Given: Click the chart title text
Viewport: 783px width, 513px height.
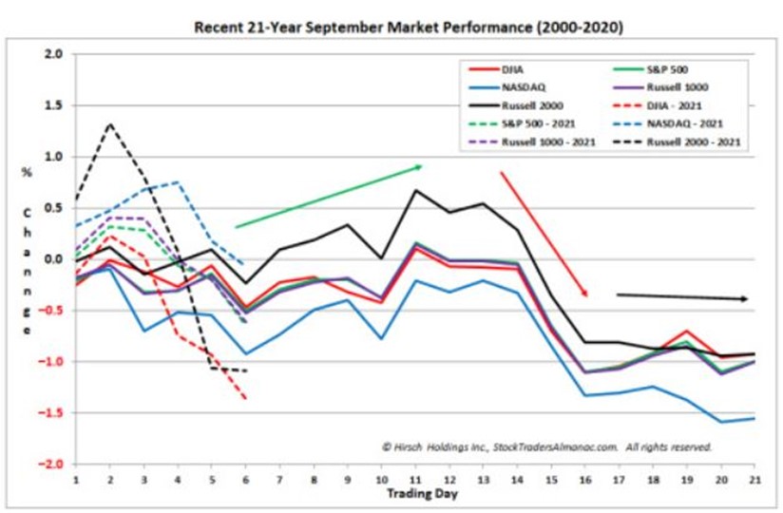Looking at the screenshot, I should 408,28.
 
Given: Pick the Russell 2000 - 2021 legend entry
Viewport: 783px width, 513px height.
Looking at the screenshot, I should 694,142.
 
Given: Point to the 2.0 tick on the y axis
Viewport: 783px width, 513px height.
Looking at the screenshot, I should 54,54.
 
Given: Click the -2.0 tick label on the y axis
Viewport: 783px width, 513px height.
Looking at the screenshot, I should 51,464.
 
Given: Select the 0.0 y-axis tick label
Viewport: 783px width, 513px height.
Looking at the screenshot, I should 54,259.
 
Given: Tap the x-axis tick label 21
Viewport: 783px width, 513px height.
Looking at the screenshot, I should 754,479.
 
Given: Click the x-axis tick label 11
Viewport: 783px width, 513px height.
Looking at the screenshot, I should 414,479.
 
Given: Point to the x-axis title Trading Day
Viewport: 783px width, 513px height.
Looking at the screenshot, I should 415,494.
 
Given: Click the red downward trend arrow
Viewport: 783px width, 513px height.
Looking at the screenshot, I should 544,234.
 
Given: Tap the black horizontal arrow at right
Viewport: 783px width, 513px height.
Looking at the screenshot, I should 682,296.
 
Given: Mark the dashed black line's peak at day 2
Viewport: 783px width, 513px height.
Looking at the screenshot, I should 110,123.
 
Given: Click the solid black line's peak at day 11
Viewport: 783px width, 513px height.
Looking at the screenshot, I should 415,190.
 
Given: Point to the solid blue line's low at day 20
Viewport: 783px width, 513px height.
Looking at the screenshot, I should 720,422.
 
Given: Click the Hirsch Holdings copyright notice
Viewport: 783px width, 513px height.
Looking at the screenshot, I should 546,445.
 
